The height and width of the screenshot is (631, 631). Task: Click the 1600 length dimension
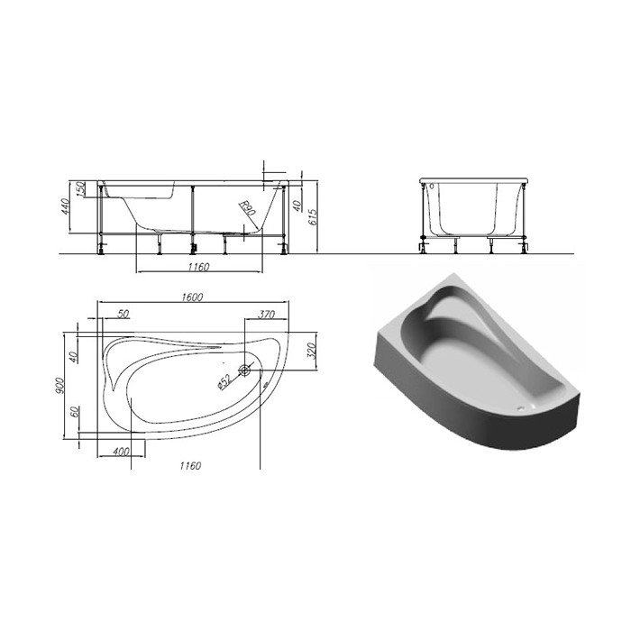coord(192,297)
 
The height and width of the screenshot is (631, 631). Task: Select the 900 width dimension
coord(59,386)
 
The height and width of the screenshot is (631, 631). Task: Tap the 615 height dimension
coord(313,216)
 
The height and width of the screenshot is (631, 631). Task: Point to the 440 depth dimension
coord(65,206)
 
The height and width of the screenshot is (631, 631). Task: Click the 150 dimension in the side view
coord(80,189)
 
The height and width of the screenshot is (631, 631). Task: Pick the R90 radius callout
coord(247,208)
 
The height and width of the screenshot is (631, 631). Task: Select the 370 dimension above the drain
coord(266,314)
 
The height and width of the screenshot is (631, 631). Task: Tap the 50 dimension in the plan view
coord(123,314)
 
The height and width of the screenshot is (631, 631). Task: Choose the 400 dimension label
coord(121,452)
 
